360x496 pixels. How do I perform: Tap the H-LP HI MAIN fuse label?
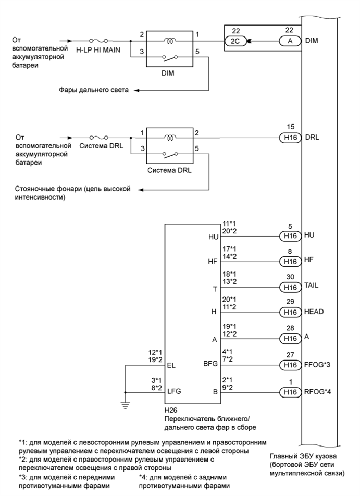[98, 51]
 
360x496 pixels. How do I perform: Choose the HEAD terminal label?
[316, 313]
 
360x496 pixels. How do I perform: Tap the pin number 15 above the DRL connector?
[291, 127]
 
